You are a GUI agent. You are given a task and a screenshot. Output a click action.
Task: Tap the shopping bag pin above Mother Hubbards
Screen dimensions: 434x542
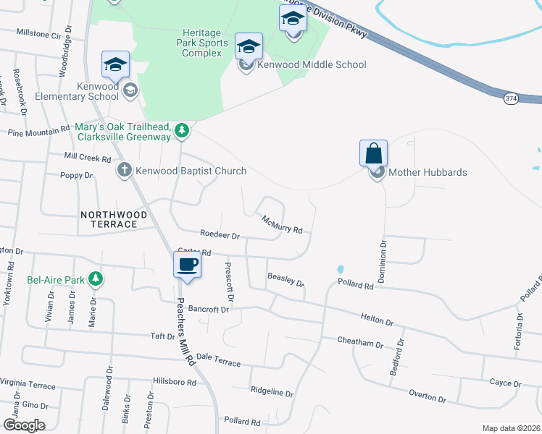tap(373, 153)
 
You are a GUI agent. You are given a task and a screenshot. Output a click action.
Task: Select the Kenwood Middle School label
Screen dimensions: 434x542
tap(312, 64)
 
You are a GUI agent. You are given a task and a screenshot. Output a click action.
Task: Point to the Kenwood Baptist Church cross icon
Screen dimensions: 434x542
tap(124, 171)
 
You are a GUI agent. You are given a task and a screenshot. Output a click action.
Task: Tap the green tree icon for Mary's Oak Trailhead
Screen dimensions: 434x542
tap(183, 131)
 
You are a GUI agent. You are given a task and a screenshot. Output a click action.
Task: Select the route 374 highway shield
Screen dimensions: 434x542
tap(512, 98)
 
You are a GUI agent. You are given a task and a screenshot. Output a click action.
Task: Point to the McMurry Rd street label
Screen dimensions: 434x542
tap(282, 225)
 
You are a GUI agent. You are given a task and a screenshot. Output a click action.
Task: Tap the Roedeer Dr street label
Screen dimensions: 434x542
tap(220, 235)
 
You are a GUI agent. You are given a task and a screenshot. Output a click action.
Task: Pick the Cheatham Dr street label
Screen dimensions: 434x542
tap(359, 341)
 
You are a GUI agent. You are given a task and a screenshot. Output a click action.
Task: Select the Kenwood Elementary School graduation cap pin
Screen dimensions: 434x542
tap(116, 64)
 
